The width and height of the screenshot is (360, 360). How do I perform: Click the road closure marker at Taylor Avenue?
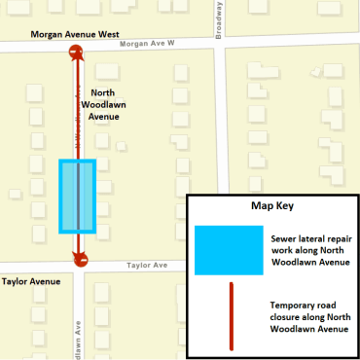78,259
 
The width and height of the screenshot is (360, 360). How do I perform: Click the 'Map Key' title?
271,207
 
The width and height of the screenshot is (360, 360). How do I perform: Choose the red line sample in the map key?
231,315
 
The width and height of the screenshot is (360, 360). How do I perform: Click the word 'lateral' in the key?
306,235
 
